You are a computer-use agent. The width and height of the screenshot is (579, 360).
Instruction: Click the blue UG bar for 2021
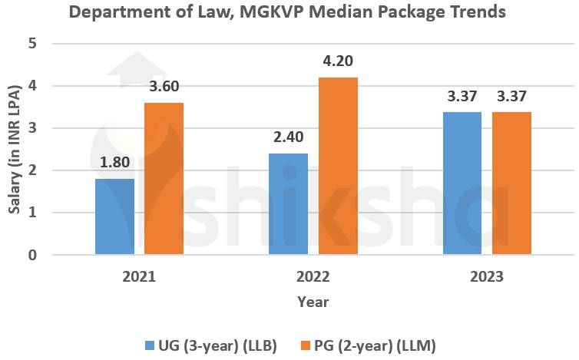pos(114,216)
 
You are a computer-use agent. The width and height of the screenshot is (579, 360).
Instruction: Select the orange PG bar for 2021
pos(164,178)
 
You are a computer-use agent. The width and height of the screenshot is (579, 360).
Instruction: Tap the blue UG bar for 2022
pos(288,203)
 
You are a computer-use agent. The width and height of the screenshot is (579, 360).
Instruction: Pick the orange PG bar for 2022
pos(338,165)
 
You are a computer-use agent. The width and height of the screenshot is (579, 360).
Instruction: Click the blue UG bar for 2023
pos(462,183)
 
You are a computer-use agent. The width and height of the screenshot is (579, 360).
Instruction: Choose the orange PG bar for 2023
pos(511,183)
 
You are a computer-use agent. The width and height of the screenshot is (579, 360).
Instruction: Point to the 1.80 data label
pos(114,163)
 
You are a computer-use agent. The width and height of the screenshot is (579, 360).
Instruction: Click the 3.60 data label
pos(164,87)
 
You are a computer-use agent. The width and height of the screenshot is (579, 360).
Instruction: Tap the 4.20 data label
pos(338,61)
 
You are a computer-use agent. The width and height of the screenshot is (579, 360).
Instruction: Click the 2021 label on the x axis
pos(139,276)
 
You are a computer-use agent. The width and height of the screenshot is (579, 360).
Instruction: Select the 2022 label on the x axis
pos(313,276)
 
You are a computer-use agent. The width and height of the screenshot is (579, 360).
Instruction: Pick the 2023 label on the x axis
pos(487,276)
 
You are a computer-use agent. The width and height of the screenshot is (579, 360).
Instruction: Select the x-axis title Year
pos(313,302)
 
